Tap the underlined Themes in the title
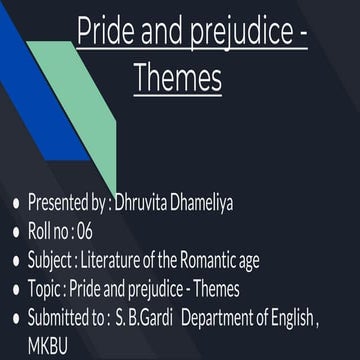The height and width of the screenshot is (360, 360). pos(177,77)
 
